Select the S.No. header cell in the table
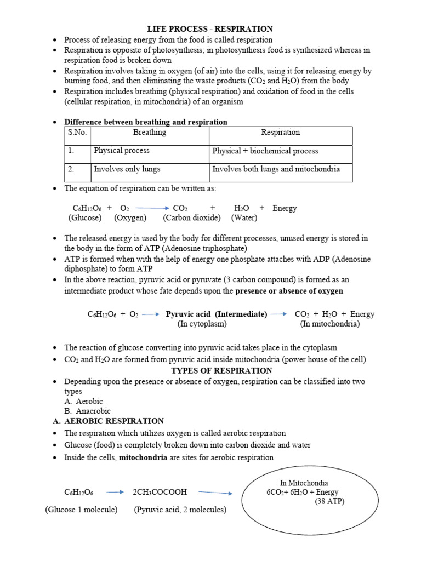pos(77,133)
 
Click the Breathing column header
pos(150,133)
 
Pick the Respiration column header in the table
pos(280,133)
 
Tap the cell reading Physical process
pos(122,151)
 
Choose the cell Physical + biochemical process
pos(265,151)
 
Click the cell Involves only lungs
pos(127,169)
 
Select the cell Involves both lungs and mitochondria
pos(276,169)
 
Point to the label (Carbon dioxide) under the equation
pos(192,218)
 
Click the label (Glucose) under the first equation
pos(85,218)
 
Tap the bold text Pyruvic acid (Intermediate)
pos(217,314)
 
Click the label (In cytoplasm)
pos(202,324)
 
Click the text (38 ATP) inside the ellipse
pos(329,502)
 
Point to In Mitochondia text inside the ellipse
pos(304,483)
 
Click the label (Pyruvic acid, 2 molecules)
pos(180,510)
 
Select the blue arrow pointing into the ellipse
pos(215,493)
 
